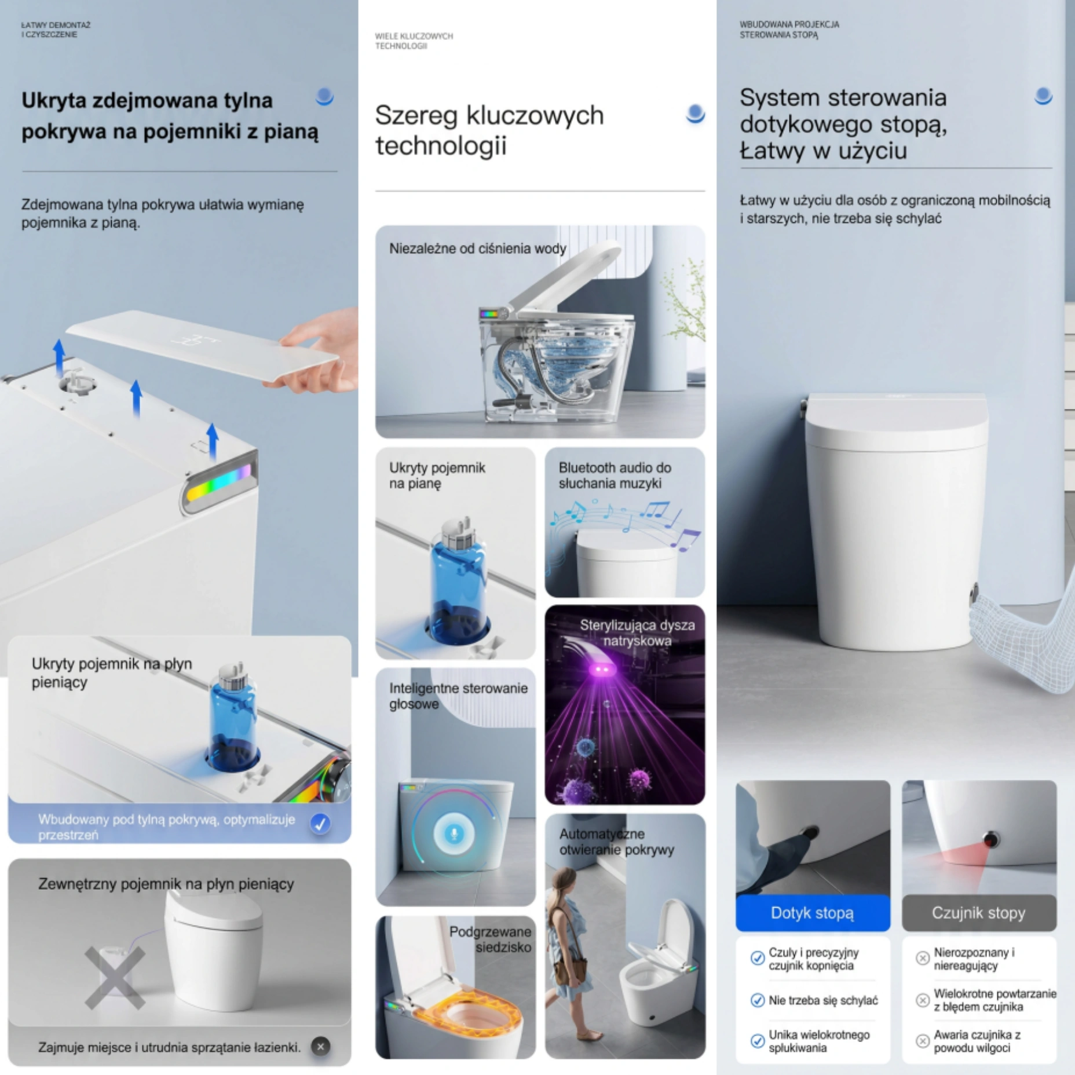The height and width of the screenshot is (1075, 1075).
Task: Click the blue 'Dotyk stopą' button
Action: click(813, 913)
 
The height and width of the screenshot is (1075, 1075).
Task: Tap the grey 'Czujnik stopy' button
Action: click(979, 913)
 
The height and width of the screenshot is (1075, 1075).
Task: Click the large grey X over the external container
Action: click(115, 978)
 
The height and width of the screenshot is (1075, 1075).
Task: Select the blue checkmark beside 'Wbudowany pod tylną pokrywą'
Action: click(320, 823)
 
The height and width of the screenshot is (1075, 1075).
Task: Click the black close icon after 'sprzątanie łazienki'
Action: click(320, 1047)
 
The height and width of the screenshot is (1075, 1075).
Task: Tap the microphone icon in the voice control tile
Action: click(454, 833)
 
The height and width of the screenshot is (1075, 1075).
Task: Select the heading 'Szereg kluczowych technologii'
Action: click(489, 130)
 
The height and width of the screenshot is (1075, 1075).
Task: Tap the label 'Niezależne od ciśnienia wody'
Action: click(477, 248)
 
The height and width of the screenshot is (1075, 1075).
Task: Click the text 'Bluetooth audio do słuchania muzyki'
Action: click(615, 475)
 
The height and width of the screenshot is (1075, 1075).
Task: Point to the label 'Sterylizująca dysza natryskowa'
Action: click(637, 632)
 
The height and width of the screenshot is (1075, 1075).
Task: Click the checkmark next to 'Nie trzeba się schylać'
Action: click(757, 1000)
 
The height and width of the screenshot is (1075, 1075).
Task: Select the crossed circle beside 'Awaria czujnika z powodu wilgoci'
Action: click(923, 1041)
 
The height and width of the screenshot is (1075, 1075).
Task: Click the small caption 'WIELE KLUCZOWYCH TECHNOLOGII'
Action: click(414, 41)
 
